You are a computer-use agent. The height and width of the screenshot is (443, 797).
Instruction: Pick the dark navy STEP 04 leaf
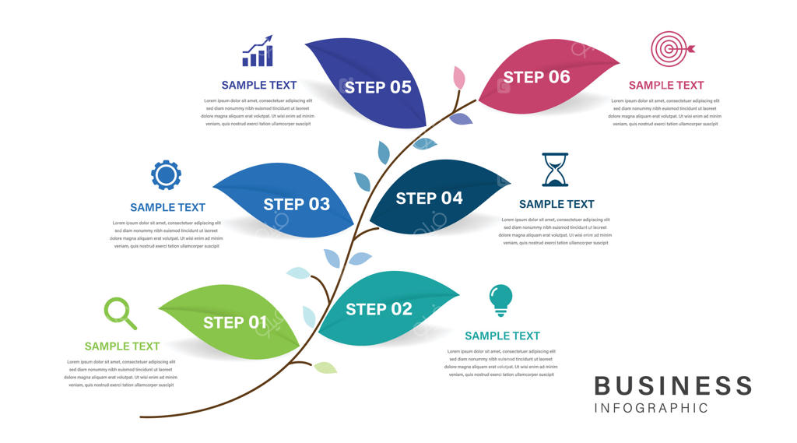click(436, 198)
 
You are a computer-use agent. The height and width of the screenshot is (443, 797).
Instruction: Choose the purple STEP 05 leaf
click(374, 86)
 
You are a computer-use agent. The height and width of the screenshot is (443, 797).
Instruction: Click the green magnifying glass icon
click(120, 313)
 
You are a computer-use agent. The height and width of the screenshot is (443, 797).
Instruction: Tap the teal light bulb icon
click(500, 300)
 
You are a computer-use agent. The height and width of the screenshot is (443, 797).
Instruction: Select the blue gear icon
click(166, 175)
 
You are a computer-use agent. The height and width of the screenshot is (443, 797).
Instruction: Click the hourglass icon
click(555, 170)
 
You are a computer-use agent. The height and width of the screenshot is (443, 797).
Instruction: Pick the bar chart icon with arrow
click(258, 51)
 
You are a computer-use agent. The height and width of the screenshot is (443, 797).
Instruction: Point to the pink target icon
click(669, 48)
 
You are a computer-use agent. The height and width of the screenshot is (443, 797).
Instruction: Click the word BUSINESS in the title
click(673, 385)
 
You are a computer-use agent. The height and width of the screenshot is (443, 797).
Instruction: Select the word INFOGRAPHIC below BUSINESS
click(651, 408)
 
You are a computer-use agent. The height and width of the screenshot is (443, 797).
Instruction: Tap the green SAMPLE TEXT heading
click(122, 346)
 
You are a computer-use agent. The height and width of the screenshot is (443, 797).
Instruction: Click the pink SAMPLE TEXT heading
click(666, 86)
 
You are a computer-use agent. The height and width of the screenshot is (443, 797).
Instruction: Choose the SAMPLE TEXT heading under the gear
click(167, 207)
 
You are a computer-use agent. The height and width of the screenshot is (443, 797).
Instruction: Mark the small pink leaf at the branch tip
click(459, 77)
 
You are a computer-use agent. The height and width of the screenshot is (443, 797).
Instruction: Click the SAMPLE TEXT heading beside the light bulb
click(502, 336)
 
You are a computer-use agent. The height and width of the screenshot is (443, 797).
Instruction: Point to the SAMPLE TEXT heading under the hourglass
click(556, 204)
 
